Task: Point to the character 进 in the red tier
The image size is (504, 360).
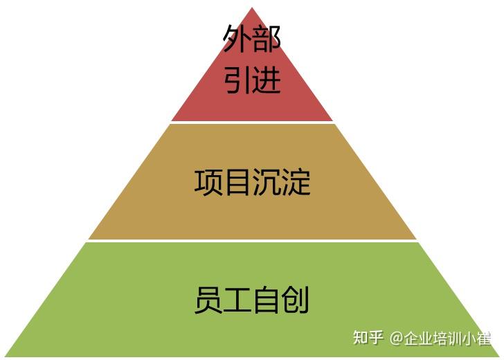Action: tap(267, 80)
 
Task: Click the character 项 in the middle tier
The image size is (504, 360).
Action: tap(208, 182)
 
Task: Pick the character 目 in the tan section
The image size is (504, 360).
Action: tap(237, 182)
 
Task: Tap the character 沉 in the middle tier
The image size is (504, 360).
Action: tap(267, 182)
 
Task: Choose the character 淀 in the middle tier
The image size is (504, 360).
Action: tap(296, 182)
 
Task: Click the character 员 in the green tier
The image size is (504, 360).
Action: tap(208, 300)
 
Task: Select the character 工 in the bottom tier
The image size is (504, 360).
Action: tap(237, 300)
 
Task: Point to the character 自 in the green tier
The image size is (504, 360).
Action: tap(267, 300)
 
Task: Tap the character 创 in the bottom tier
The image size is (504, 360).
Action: tap(296, 300)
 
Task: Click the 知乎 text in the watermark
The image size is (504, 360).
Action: tap(368, 338)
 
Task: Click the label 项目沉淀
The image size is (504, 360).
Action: tap(252, 182)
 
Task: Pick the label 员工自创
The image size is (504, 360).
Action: tap(252, 300)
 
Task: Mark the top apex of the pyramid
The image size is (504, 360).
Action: tap(252, 8)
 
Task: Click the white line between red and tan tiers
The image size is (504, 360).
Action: tap(252, 123)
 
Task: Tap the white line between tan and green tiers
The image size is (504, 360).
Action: tap(252, 240)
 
